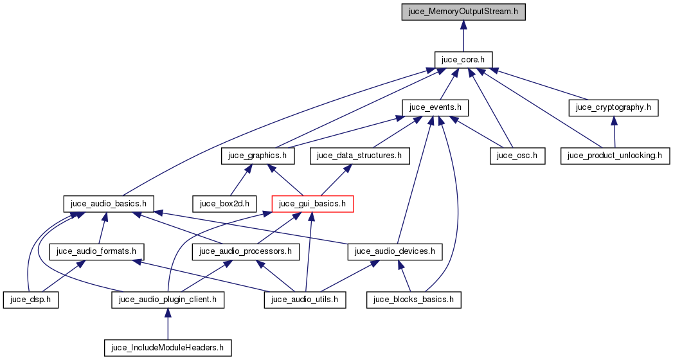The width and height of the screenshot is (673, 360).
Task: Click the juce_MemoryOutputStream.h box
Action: [x=463, y=12]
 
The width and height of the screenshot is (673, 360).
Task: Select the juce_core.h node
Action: [x=463, y=60]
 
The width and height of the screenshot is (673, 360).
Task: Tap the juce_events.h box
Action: [x=435, y=107]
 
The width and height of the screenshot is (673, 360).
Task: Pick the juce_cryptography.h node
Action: [x=614, y=107]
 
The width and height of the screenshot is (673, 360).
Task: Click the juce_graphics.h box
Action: [x=258, y=156]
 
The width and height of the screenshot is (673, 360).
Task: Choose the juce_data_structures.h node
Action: [x=359, y=156]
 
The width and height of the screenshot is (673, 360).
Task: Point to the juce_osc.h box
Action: [x=517, y=156]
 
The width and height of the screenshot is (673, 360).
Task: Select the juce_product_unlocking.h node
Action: [x=616, y=156]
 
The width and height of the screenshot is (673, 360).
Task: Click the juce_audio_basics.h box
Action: [x=109, y=204]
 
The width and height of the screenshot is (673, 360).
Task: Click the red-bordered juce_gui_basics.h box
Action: [x=313, y=204]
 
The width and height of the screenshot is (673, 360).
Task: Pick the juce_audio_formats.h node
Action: [x=97, y=251]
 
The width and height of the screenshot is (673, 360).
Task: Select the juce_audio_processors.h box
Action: [x=246, y=251]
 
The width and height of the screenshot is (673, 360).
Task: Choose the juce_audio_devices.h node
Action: [x=395, y=251]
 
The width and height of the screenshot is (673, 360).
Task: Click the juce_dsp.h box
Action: [x=31, y=300]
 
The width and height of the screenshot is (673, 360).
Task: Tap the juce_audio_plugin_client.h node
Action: [x=168, y=300]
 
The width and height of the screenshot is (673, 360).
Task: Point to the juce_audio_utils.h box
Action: [x=305, y=300]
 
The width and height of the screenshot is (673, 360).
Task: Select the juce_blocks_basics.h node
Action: [x=414, y=300]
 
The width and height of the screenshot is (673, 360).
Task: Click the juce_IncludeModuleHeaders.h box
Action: [x=168, y=348]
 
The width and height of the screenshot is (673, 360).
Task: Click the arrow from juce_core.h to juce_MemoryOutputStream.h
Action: [x=463, y=35]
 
